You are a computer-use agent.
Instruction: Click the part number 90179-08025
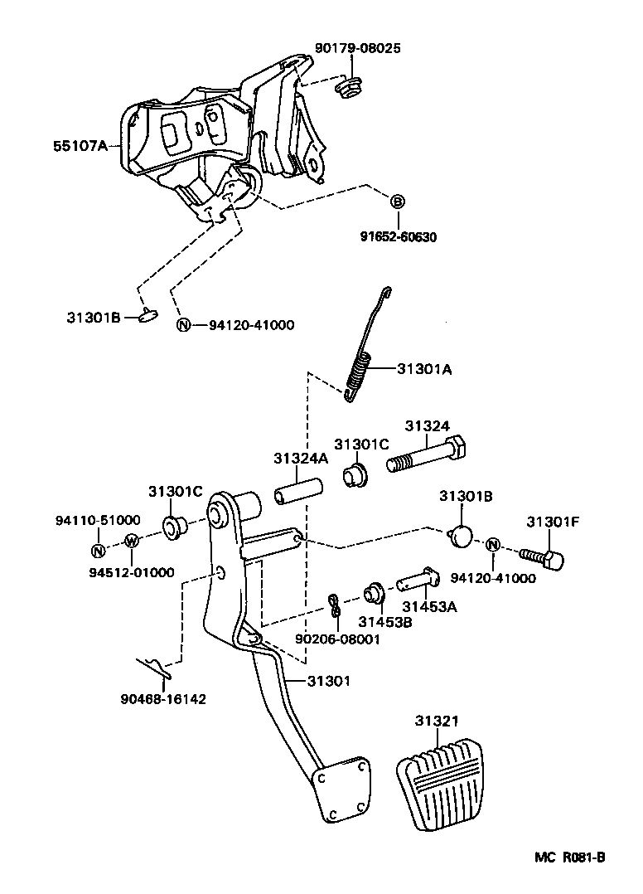pos(357,48)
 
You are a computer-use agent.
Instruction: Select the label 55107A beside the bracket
pos(80,146)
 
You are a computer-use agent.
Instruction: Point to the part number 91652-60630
pos(398,237)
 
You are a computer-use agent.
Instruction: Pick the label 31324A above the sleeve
pos(301,458)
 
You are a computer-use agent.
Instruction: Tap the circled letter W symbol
pos(132,542)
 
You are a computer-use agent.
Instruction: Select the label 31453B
pos(384,622)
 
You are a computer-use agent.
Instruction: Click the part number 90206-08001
pos(337,639)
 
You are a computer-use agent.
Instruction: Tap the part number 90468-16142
pos(162,698)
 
